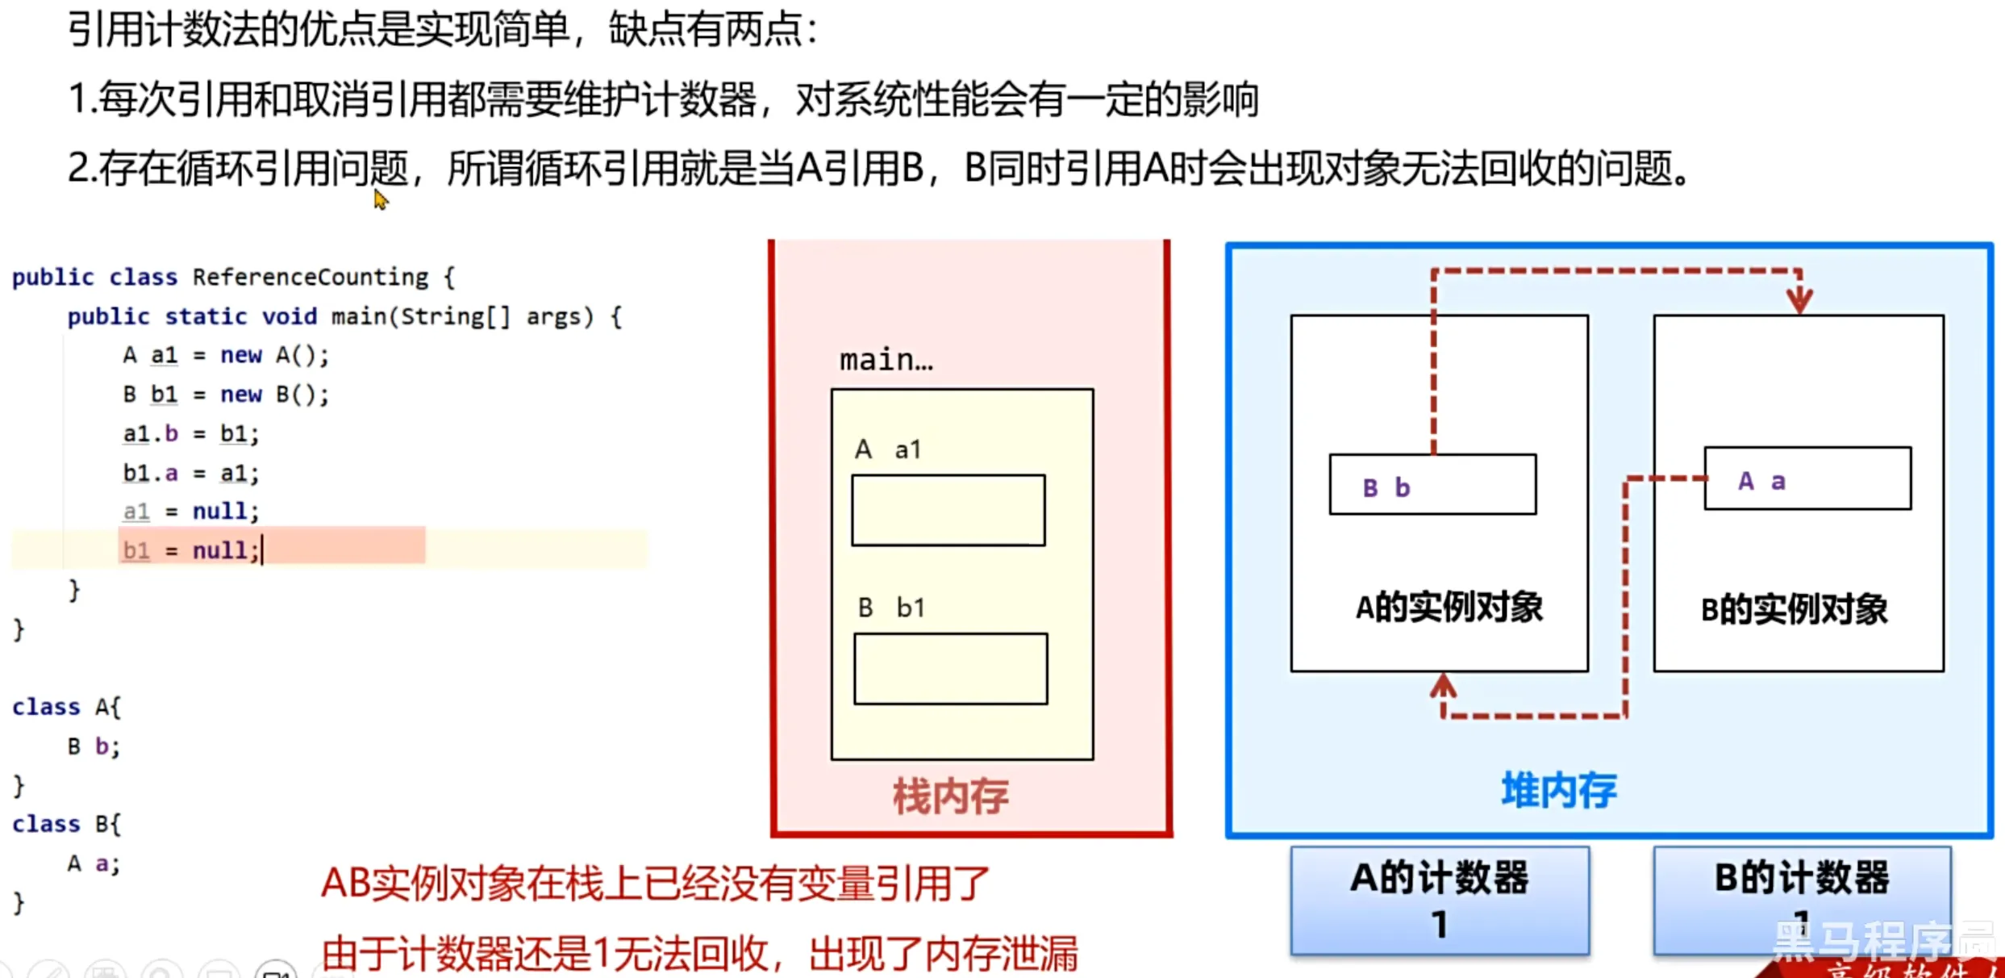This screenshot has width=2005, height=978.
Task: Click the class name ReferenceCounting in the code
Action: pyautogui.click(x=311, y=277)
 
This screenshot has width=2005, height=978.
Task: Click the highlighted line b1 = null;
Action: pyautogui.click(x=191, y=550)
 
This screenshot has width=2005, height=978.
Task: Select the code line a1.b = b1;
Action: pyautogui.click(x=191, y=433)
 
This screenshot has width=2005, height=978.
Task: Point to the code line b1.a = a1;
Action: pyautogui.click(x=191, y=472)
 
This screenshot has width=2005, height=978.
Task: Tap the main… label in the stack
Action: pyautogui.click(x=886, y=359)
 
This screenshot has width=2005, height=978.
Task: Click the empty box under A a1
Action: pyautogui.click(x=948, y=510)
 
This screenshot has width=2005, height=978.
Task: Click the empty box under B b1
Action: pyautogui.click(x=950, y=669)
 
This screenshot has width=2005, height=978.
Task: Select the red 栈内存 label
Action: pyautogui.click(x=950, y=796)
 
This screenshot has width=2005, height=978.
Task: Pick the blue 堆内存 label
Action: pyautogui.click(x=1558, y=790)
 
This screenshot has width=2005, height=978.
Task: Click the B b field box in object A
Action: pyautogui.click(x=1432, y=485)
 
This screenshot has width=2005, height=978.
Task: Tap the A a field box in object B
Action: pyautogui.click(x=1807, y=479)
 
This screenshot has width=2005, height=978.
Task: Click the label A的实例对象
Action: pyautogui.click(x=1449, y=607)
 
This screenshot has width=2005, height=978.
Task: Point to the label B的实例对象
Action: pyautogui.click(x=1794, y=609)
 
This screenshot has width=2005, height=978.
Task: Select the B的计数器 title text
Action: pyautogui.click(x=1802, y=878)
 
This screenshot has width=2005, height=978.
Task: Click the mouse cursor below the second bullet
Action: pyautogui.click(x=380, y=199)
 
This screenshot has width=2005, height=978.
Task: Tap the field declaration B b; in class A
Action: pyautogui.click(x=94, y=746)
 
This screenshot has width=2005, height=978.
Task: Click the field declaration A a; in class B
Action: pyautogui.click(x=94, y=863)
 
